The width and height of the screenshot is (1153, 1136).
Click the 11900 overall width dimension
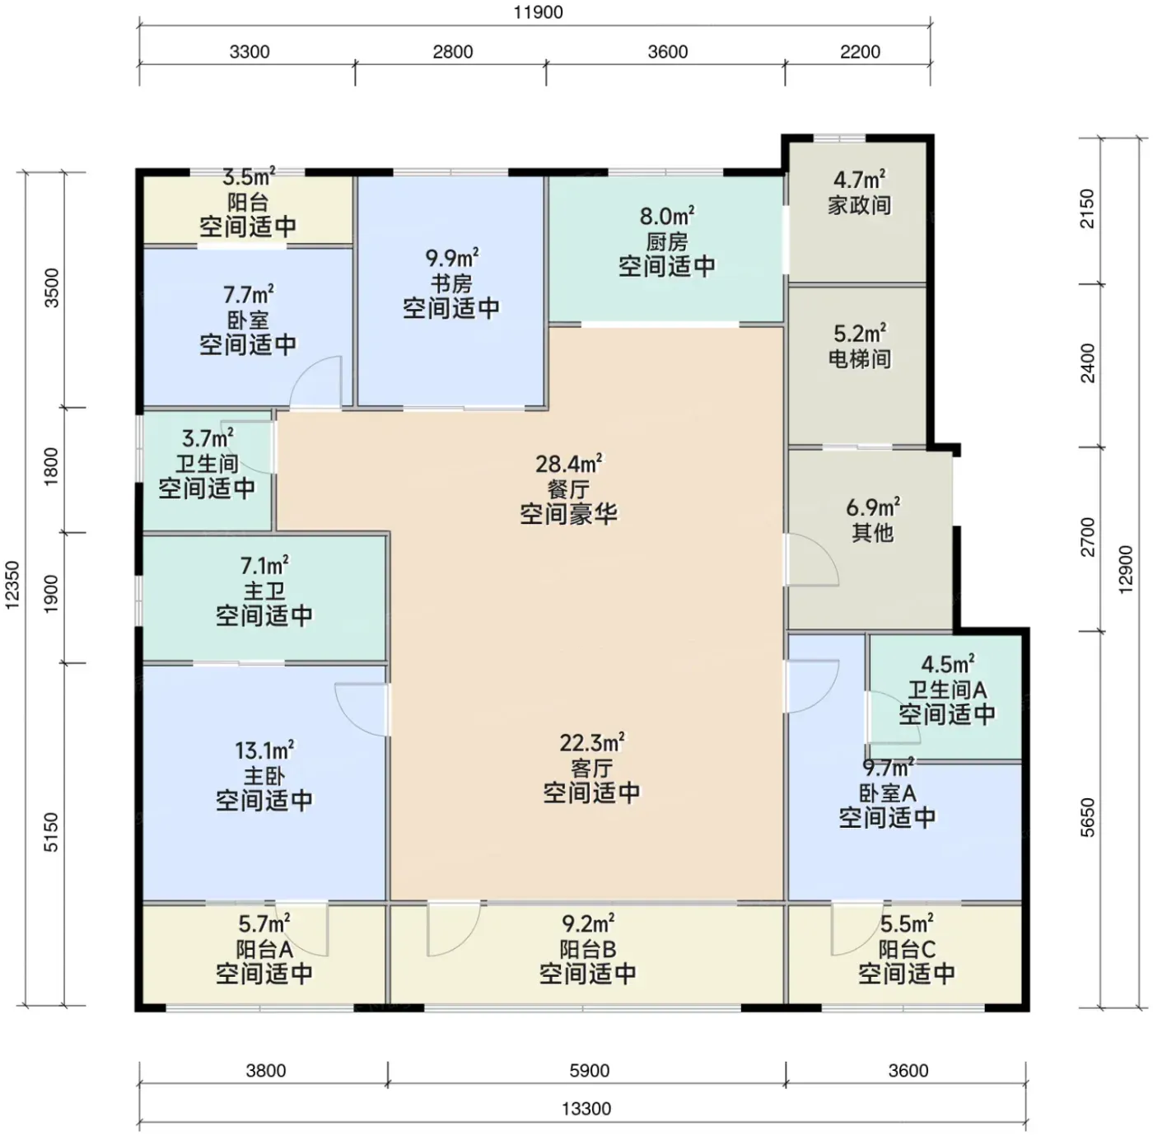coord(538,12)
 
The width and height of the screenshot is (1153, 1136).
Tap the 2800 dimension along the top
coord(453,52)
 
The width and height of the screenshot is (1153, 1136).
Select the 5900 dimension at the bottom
coord(589,1070)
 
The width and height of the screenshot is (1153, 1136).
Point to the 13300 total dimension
coord(586,1109)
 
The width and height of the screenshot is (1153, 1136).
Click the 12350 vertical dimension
coord(12,586)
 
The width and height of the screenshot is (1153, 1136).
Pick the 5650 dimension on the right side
coord(1088,817)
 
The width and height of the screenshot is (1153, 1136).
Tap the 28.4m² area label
coord(568,463)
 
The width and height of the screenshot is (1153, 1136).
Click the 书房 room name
coord(451,283)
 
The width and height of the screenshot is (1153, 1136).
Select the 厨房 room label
coord(666,242)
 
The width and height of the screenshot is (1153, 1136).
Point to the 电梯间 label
coord(859,359)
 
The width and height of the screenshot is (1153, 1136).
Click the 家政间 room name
coord(859,205)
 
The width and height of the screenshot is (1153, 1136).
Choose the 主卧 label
coord(264,776)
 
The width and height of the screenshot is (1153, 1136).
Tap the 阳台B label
coord(587,949)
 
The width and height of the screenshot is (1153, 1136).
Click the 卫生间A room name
coord(946,690)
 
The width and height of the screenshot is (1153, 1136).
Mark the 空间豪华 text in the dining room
coord(568,513)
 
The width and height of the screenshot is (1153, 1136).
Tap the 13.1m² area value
coord(264,750)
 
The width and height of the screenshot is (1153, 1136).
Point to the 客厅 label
coord(591,768)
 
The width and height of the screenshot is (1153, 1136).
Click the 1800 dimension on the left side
coord(52,466)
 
